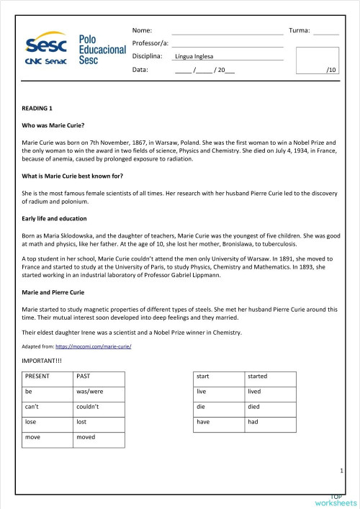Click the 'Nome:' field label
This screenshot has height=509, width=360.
click(x=142, y=31)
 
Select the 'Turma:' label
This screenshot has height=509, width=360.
click(x=299, y=31)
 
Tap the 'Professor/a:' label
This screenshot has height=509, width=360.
click(x=150, y=44)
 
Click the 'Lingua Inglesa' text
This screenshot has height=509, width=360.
click(x=194, y=57)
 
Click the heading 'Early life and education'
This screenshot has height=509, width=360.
click(x=55, y=218)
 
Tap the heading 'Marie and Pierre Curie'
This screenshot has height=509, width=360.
click(x=53, y=292)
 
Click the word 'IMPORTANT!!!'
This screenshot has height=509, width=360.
click(x=43, y=359)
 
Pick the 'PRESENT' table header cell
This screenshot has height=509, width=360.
click(x=37, y=376)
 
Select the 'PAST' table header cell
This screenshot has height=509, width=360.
click(x=84, y=376)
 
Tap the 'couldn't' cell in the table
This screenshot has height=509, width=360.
click(x=87, y=407)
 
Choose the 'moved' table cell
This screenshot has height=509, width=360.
click(x=86, y=437)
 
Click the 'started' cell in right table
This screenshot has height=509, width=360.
click(x=258, y=376)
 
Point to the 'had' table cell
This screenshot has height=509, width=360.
click(x=253, y=422)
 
